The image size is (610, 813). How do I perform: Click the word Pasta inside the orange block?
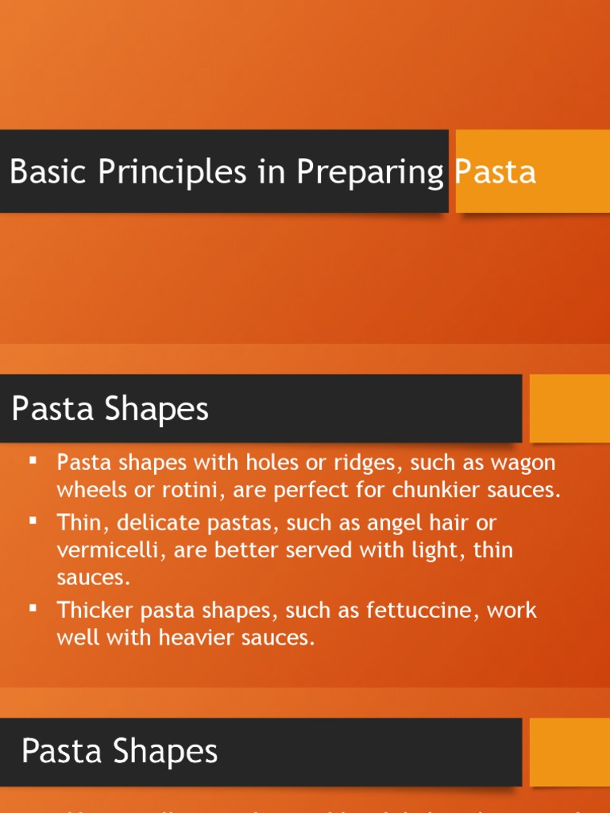click(x=496, y=171)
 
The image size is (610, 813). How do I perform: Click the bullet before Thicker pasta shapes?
click(x=33, y=609)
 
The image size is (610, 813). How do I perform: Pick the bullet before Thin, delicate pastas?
click(x=33, y=522)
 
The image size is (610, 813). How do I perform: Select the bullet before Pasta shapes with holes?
click(x=33, y=461)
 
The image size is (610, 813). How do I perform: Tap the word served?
click(x=313, y=550)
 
